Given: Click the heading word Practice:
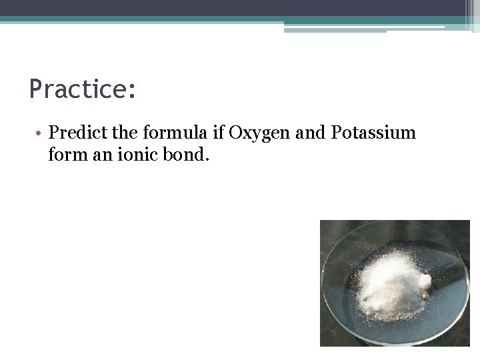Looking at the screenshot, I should tap(83, 89).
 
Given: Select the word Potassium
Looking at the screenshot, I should tap(373, 133).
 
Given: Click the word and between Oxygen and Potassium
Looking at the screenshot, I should tap(309, 133).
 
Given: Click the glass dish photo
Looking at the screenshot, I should tap(395, 283).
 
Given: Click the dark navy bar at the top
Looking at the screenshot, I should tap(233, 8).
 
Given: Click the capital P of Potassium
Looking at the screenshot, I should tap(336, 133).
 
